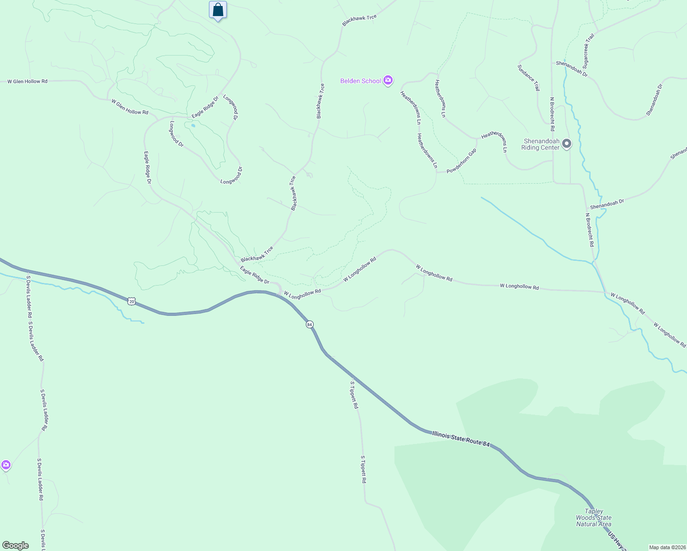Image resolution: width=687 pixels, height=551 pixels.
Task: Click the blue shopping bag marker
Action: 218,10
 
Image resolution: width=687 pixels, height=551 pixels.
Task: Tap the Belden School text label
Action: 360,81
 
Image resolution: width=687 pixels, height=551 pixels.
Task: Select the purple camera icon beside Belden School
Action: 388,81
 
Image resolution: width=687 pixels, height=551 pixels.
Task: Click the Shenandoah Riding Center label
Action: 541,144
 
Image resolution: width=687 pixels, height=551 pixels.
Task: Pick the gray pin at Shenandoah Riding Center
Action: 567,144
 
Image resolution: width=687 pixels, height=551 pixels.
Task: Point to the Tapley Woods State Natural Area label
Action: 594,517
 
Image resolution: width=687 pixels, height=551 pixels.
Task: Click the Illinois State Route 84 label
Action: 461,439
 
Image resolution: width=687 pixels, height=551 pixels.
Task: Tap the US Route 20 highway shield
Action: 132,301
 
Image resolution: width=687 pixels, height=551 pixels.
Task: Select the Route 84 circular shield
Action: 310,324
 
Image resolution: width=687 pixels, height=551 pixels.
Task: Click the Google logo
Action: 16,545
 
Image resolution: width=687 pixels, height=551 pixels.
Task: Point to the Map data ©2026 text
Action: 667,547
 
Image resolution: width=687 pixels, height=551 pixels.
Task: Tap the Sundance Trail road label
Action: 529,77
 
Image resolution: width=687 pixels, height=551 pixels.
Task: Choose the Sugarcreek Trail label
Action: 588,50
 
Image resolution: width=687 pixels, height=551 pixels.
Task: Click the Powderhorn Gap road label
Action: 462,161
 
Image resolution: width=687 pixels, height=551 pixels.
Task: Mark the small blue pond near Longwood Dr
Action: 193,125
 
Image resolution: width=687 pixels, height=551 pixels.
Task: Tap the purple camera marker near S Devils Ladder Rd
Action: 6,465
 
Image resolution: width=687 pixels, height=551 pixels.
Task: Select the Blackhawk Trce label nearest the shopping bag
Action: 359,20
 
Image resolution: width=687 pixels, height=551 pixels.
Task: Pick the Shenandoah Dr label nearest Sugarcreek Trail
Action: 571,68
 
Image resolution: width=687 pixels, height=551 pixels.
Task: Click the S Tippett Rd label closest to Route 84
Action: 354,395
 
